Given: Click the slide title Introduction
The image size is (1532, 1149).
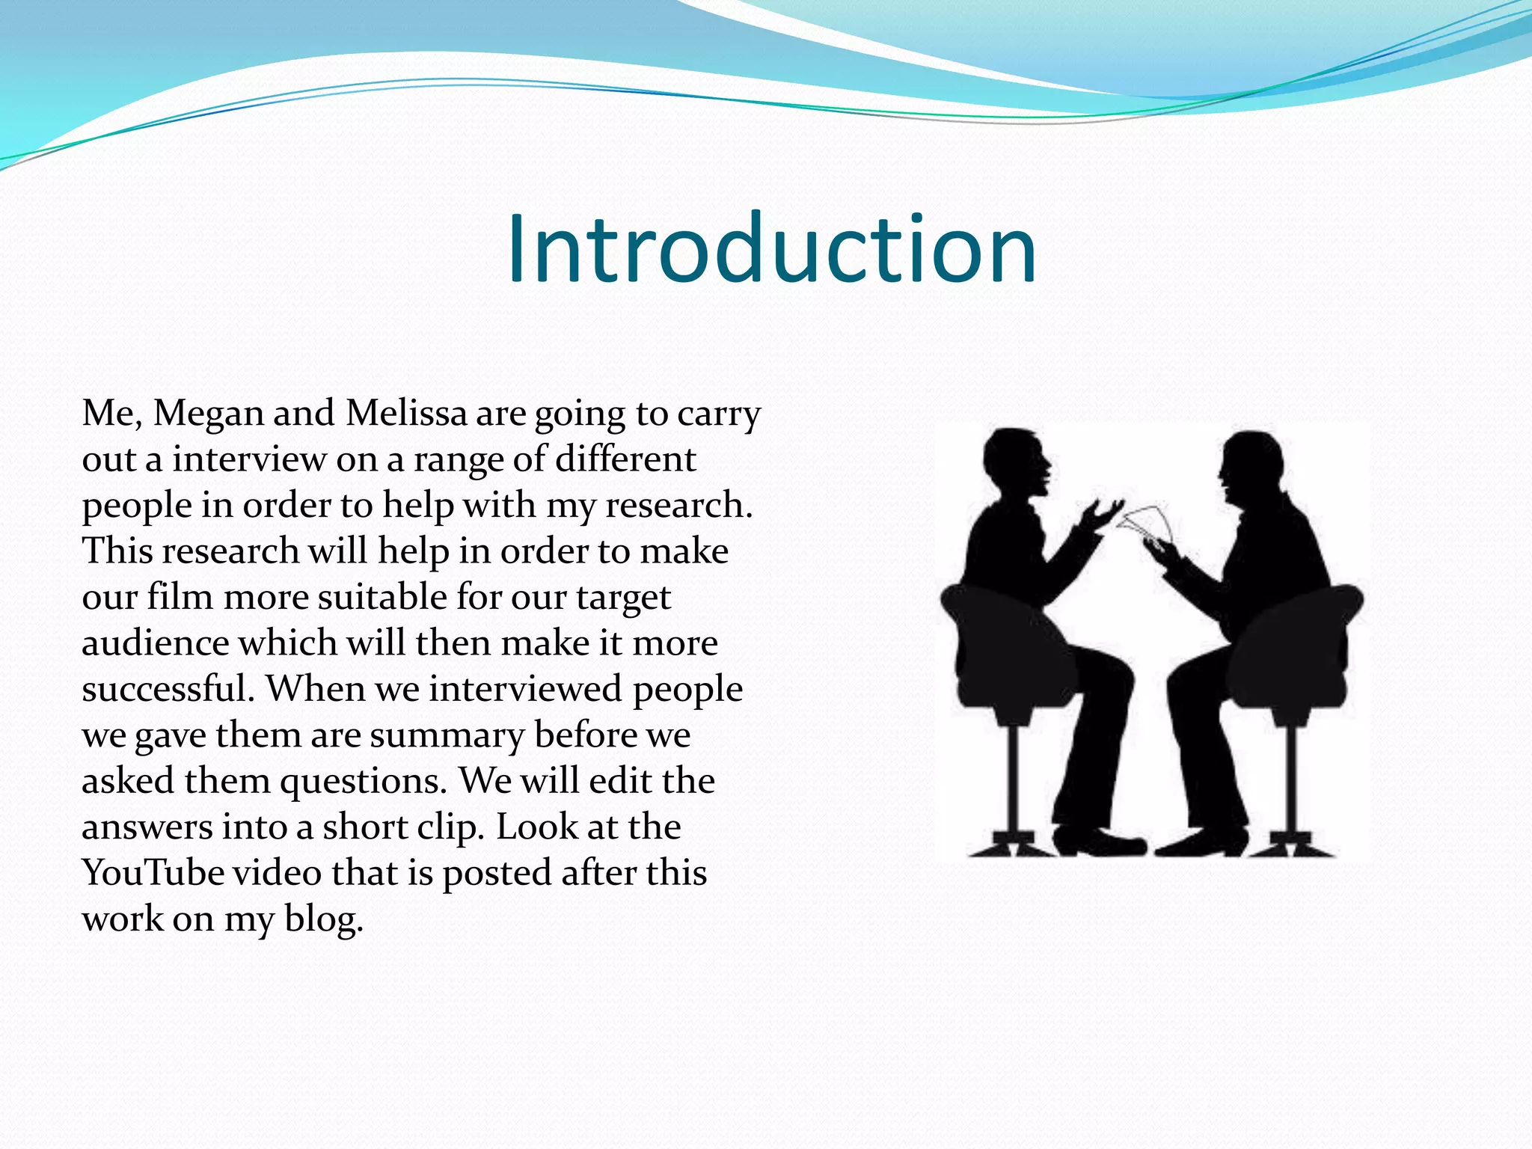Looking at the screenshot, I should [x=771, y=249].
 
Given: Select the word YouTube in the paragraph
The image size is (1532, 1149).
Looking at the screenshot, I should [x=153, y=872].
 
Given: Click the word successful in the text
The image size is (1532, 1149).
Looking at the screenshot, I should [x=168, y=689].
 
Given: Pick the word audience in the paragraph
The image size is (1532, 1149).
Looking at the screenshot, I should [x=156, y=643].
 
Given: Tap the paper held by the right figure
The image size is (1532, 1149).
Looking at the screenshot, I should [x=1148, y=523].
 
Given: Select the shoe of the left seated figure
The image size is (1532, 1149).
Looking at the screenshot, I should [x=1107, y=843].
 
